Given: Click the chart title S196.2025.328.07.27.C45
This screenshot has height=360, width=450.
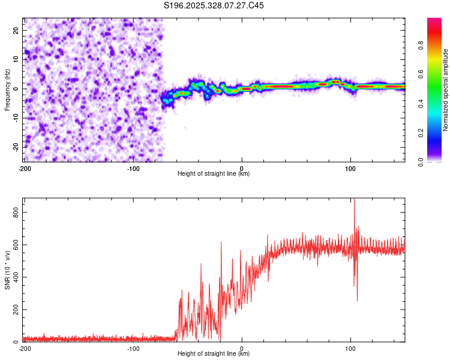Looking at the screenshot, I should tap(214, 5).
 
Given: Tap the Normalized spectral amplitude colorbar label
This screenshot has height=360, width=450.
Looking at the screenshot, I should tap(446, 90).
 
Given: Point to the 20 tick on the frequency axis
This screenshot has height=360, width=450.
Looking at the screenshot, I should tap(16, 30).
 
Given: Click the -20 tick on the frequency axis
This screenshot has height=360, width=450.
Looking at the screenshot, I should tap(15, 147).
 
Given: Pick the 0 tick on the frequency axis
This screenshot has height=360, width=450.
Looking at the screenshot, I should tap(18, 89).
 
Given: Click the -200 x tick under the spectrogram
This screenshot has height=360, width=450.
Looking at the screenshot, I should tap(25, 168).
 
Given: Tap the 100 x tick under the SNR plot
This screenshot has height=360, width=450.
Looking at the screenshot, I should tap(350, 348).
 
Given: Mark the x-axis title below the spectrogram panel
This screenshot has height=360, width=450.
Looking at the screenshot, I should tap(214, 174).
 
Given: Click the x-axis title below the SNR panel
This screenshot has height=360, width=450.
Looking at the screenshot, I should tap(214, 354).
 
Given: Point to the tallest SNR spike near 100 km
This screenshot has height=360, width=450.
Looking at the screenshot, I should tap(354, 200).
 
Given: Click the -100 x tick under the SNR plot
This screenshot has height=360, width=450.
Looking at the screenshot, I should tap(133, 348).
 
